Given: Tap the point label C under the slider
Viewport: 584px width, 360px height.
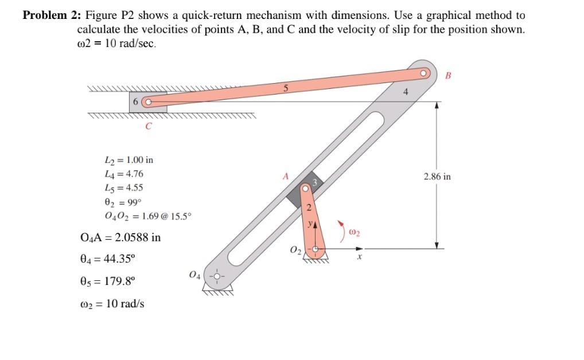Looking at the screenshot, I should [148, 127].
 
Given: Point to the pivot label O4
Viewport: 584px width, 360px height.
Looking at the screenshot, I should [195, 276].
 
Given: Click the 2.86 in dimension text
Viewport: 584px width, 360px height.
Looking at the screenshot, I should [437, 177].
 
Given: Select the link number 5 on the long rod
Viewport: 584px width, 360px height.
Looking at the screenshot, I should [285, 88].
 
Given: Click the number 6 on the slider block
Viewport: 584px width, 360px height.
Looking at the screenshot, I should [136, 101].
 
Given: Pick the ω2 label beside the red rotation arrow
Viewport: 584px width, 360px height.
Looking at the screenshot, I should [354, 232].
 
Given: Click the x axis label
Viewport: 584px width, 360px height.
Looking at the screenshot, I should [359, 258].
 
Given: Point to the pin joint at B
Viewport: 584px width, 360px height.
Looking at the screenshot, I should [424, 73].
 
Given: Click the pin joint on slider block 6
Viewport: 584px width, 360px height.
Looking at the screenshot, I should [146, 103].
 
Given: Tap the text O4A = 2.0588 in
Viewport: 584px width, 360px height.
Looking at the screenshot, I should [121, 237].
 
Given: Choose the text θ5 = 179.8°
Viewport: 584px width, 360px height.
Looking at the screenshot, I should [115, 281].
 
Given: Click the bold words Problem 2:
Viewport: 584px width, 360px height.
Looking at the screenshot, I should [50, 15].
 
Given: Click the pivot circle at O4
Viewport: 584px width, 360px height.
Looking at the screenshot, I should [217, 275].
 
